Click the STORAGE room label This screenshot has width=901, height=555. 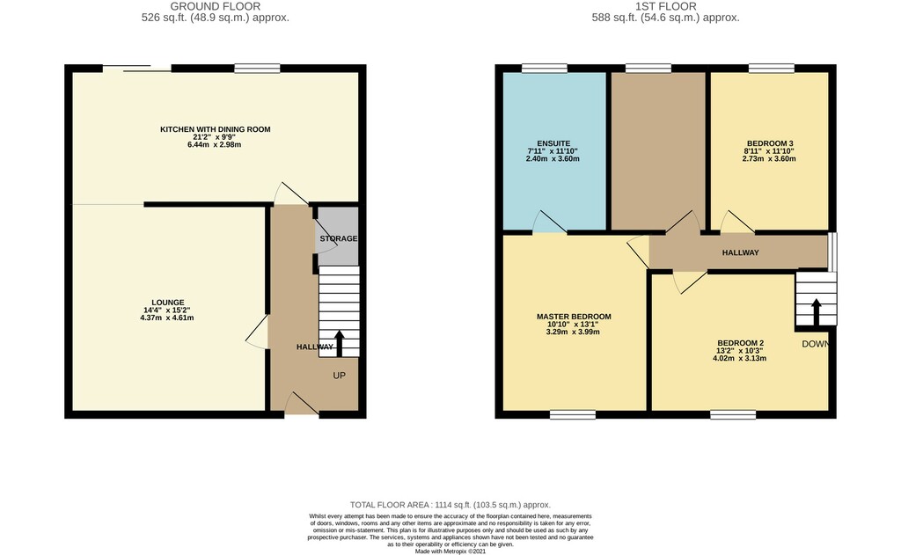pos(339,238)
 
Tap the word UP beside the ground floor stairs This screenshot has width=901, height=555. pos(339,376)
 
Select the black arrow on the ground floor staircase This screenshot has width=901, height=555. pos(339,344)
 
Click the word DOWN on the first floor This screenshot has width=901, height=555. pos(816,344)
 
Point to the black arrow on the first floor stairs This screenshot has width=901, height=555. pos(816,312)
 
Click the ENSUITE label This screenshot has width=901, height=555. pos(553,143)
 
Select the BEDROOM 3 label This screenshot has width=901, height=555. pos(770,143)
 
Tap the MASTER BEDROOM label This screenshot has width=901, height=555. pos(574,317)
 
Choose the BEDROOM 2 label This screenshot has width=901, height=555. pos(740,344)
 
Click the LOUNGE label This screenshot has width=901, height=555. pos(168,303)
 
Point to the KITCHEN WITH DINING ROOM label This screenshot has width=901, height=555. pos(215,129)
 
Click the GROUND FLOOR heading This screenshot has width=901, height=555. pos(216,6)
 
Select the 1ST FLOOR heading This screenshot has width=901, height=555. pos(665,6)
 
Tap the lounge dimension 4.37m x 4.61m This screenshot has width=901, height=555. pos(166,318)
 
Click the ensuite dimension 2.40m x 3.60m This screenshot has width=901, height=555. pos(553,158)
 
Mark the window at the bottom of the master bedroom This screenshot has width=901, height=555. pos(572,414)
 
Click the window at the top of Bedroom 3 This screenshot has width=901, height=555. pos(771,69)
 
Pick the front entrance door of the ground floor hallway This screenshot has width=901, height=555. pos(302,403)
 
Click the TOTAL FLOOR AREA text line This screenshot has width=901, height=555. pos(450,505)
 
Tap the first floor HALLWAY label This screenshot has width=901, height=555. pos(740,252)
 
